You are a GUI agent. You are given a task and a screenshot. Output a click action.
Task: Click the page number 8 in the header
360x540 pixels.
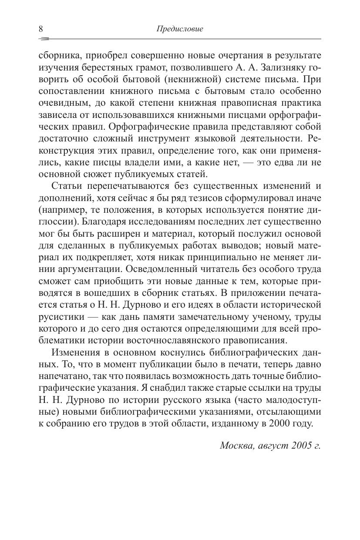41,29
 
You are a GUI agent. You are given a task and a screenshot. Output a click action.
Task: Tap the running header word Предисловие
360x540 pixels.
180,29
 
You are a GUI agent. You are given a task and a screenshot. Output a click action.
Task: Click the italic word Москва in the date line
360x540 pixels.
237,446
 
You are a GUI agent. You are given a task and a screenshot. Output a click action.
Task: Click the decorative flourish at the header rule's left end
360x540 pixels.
44,39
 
